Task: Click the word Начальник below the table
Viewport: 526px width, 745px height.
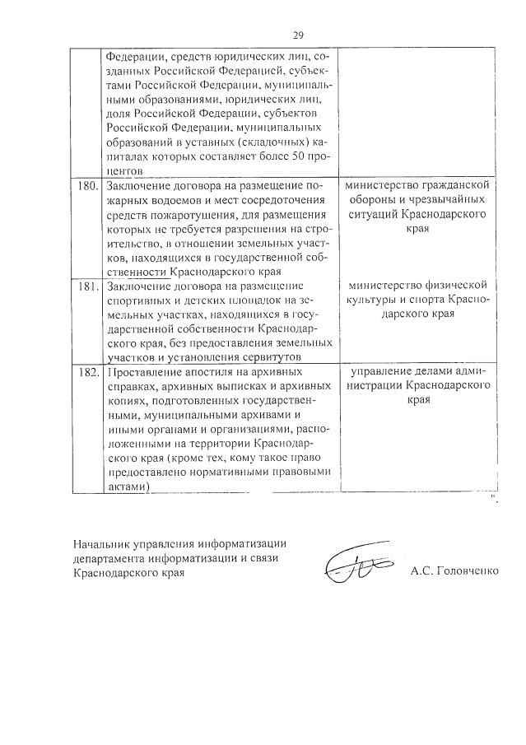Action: (100, 545)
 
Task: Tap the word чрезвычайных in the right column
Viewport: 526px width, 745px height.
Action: (451, 200)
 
